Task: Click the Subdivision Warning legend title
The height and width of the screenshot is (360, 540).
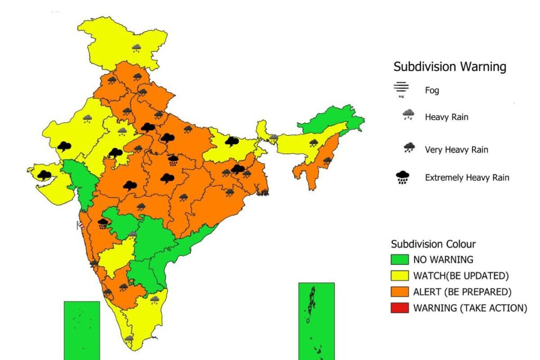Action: coord(450,67)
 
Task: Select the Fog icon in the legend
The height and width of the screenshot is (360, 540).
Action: coord(401,90)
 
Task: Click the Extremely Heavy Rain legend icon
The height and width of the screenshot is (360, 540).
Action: coord(403,178)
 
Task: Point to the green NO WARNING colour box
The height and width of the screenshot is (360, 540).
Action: coord(399,259)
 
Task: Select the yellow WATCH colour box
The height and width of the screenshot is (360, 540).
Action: coord(399,275)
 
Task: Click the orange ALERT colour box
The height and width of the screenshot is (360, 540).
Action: coord(399,291)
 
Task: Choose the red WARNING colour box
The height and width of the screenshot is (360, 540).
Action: coord(399,308)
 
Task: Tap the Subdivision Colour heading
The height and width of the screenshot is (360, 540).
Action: coord(433,244)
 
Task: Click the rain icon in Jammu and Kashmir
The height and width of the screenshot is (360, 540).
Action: coord(137,48)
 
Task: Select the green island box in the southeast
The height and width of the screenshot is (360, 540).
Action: coord(316,320)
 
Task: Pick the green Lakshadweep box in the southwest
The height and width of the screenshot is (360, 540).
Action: coord(82,330)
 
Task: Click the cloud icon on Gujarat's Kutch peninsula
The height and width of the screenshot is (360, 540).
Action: coord(44,174)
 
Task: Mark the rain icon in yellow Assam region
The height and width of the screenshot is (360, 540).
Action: coord(313,142)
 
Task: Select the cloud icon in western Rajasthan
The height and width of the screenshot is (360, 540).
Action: coord(64,146)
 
